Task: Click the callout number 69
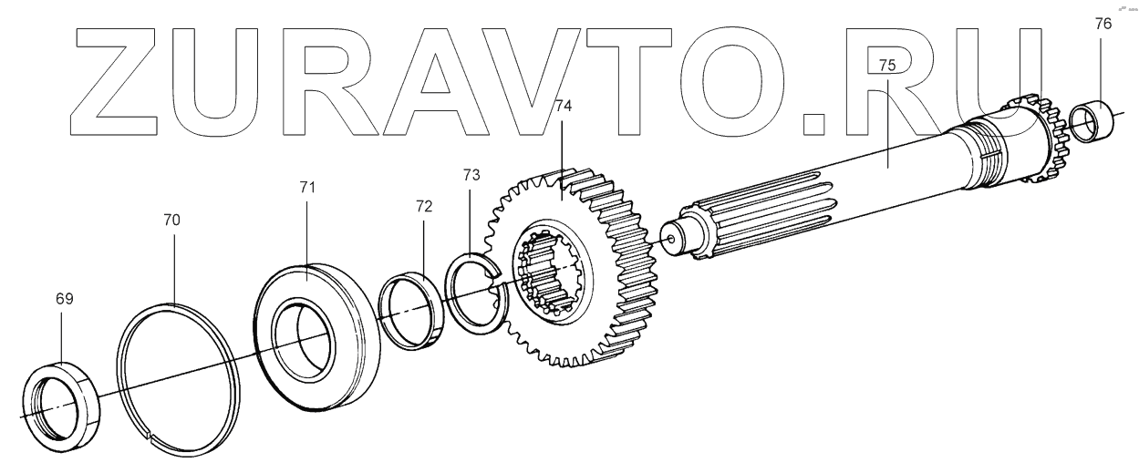[x=65, y=299]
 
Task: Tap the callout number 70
[x=171, y=220]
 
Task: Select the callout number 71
[x=307, y=188]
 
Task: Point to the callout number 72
[x=423, y=206]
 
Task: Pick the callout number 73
[x=471, y=175]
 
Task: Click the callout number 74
[x=564, y=107]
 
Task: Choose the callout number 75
[x=886, y=65]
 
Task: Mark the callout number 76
[x=1103, y=24]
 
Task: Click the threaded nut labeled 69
[x=62, y=407]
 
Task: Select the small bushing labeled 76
[x=1092, y=122]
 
